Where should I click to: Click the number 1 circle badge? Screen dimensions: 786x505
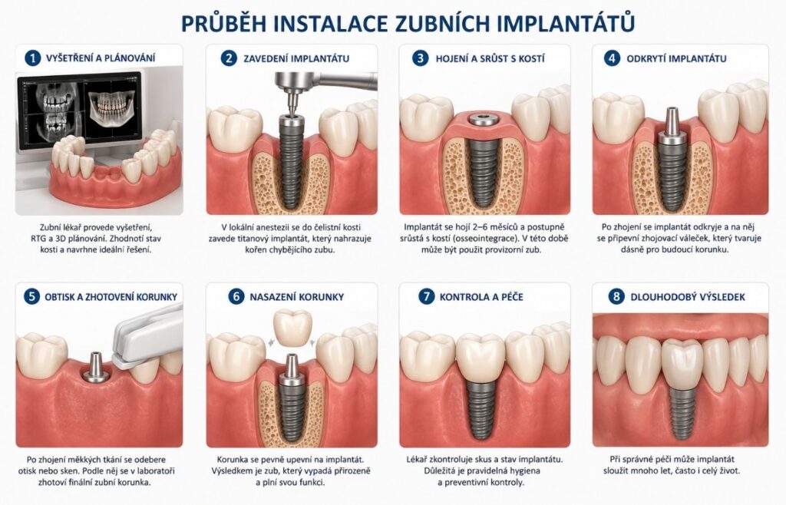tap(32, 58)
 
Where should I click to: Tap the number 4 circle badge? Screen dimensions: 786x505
tap(612, 58)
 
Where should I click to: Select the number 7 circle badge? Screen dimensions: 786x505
tap(426, 296)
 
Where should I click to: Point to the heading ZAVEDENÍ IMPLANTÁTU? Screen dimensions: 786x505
tap(296, 58)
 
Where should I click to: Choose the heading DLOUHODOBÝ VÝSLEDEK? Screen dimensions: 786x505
tap(688, 297)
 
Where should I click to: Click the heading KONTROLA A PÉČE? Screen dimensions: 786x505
tap(481, 297)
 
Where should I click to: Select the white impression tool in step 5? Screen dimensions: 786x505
tap(148, 339)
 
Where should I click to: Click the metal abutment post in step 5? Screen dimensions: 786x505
tap(96, 367)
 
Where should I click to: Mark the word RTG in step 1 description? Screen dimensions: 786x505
tap(38, 239)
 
